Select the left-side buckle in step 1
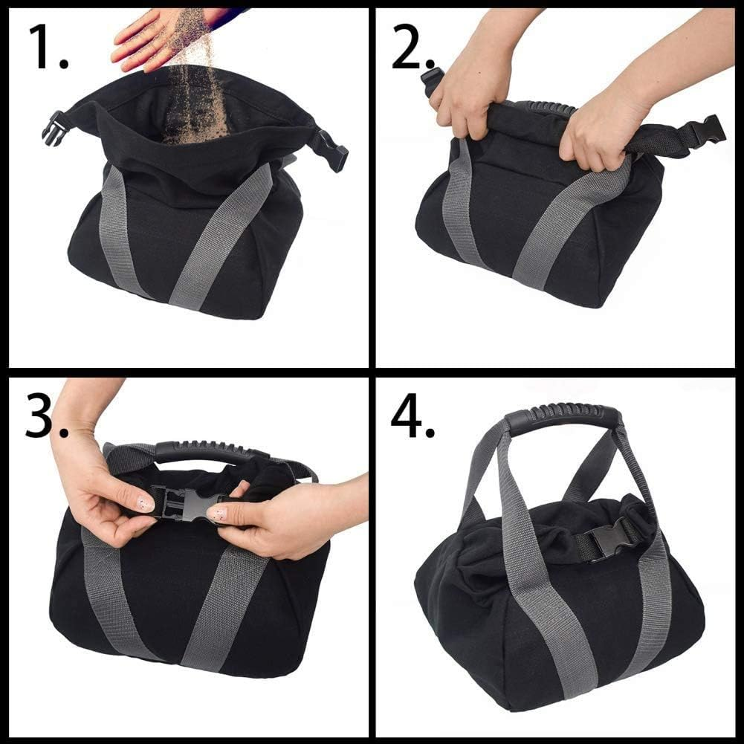(54, 127)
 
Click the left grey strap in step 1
(114, 230)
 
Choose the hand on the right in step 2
(598, 130)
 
